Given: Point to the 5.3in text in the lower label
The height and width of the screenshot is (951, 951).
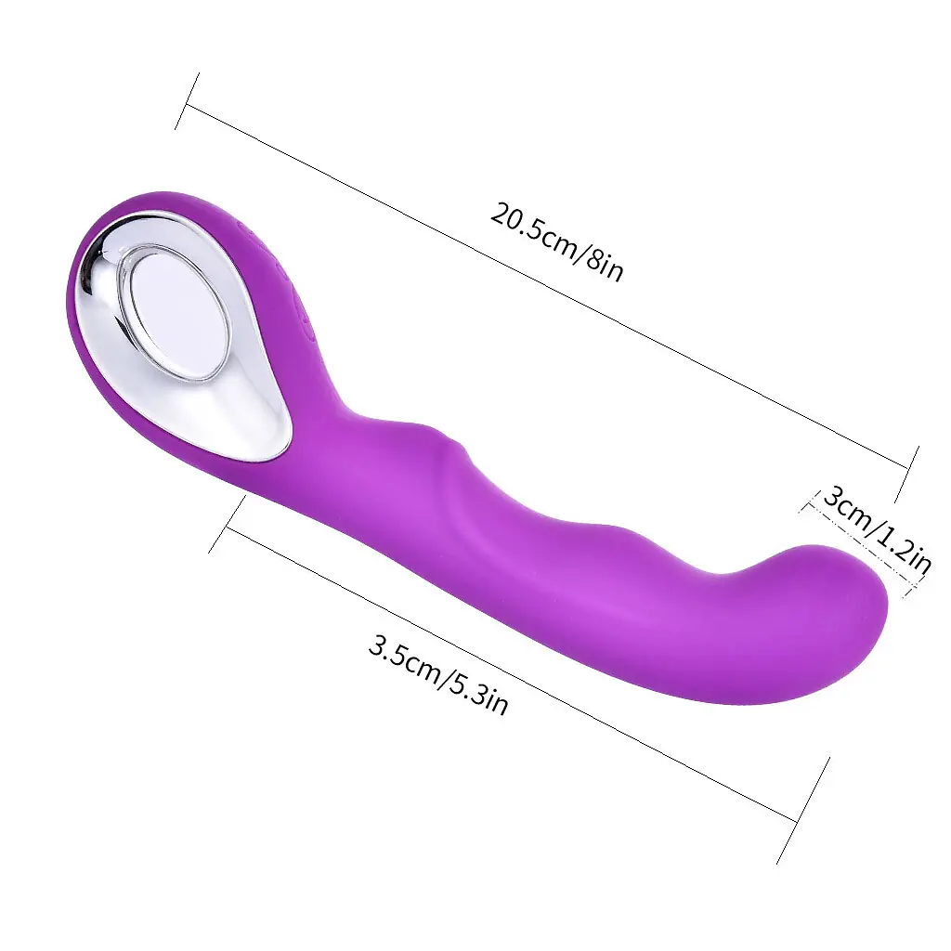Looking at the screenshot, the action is click(478, 694).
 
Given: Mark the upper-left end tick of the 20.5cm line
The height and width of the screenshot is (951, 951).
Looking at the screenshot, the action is click(187, 101).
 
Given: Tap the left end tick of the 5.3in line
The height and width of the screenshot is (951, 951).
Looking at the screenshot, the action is click(227, 524).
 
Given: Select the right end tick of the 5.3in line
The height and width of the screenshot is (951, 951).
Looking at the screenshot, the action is click(803, 810).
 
